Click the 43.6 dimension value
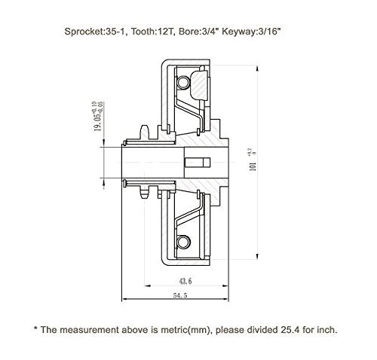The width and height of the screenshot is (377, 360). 185,281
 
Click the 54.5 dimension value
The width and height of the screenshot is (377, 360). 180,295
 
